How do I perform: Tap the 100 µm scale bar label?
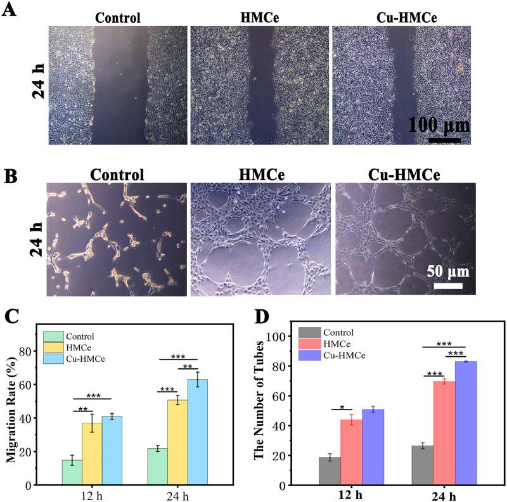coord(439,124)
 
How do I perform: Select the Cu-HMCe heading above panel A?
coord(401,17)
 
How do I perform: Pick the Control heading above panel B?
coord(117,174)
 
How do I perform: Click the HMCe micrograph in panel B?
coord(260,238)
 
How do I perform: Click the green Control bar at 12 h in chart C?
coord(72,472)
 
